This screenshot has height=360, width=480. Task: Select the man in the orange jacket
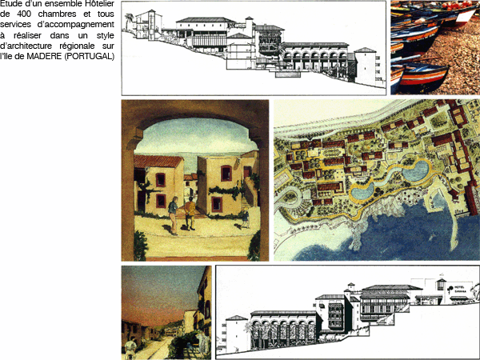click(190, 213)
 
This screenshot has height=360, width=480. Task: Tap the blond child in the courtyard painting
click(245, 217)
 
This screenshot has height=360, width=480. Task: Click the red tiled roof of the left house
click(158, 162)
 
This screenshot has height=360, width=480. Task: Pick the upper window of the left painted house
click(161, 180)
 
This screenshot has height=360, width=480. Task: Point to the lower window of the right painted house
click(217, 204)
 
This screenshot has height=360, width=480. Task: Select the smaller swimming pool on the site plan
click(362, 192)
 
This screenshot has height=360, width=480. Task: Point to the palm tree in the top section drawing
click(130, 21)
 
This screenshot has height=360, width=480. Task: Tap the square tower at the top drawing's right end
click(366, 66)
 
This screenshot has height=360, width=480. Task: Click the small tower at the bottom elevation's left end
click(236, 333)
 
